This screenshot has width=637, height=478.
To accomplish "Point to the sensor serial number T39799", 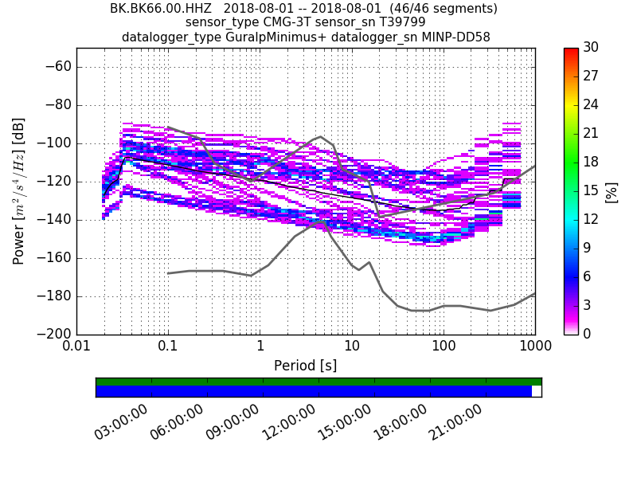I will click(x=401, y=22).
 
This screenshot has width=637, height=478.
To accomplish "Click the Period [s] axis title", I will click(x=306, y=366).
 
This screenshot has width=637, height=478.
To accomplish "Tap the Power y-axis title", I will click(x=19, y=191).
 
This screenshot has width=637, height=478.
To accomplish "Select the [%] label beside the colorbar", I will click(x=612, y=191).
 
